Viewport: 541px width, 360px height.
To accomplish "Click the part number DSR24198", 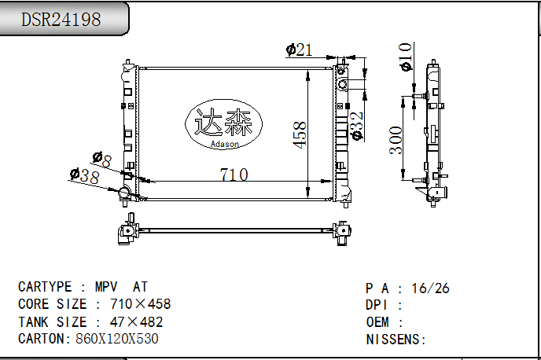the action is [61, 19].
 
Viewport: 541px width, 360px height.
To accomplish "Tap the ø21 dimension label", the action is [299, 50].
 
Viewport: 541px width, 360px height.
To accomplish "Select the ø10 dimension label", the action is [406, 57].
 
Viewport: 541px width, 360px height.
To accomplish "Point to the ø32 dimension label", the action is [357, 126].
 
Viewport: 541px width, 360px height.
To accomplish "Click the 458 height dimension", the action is [300, 135].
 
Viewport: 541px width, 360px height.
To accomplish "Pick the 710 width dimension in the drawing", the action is [234, 174].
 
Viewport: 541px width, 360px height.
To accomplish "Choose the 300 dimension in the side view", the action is [396, 141].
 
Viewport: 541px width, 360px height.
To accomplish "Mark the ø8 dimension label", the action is [102, 160].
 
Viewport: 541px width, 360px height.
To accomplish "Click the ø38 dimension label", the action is [85, 175].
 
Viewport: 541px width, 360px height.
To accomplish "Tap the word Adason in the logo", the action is [225, 144].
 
